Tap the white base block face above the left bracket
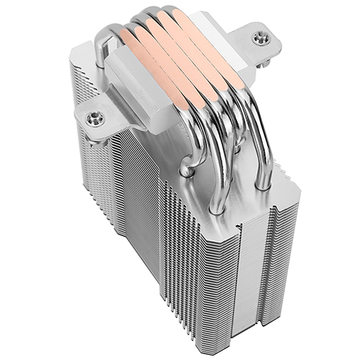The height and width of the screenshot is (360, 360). (x=133, y=79)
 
